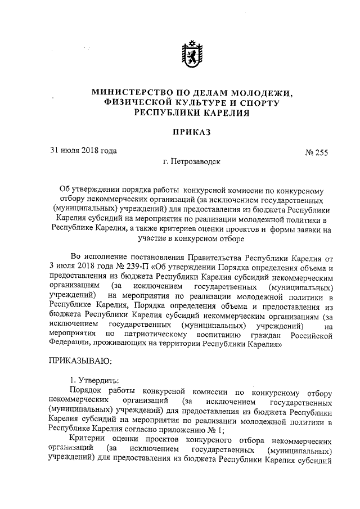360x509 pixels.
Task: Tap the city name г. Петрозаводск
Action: pyautogui.click(x=192, y=161)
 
